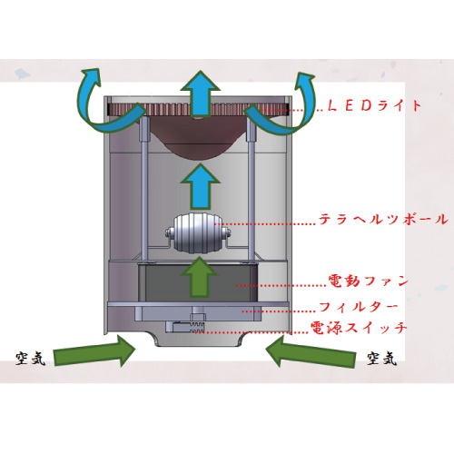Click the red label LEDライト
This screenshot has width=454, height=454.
pyautogui.click(x=375, y=105)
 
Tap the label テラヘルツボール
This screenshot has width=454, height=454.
pyautogui.click(x=383, y=219)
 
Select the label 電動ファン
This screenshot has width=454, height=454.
pyautogui.click(x=369, y=281)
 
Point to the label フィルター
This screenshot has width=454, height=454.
pyautogui.click(x=359, y=307)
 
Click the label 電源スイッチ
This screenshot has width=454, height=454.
pyautogui.click(x=359, y=327)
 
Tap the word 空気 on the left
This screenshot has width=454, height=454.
pyautogui.click(x=30, y=359)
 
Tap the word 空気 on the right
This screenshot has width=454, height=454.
pyautogui.click(x=381, y=359)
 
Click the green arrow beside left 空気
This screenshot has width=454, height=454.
pyautogui.click(x=94, y=351)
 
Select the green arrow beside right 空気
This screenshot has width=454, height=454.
pyautogui.click(x=311, y=351)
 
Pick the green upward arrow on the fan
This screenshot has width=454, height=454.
pyautogui.click(x=200, y=277)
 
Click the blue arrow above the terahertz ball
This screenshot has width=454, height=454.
pyautogui.click(x=200, y=186)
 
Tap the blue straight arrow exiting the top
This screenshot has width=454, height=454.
pyautogui.click(x=200, y=94)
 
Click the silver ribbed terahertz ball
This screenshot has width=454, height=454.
pyautogui.click(x=198, y=234)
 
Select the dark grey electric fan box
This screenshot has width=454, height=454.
pyautogui.click(x=198, y=282)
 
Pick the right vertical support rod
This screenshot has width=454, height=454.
pyautogui.click(x=252, y=189)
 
